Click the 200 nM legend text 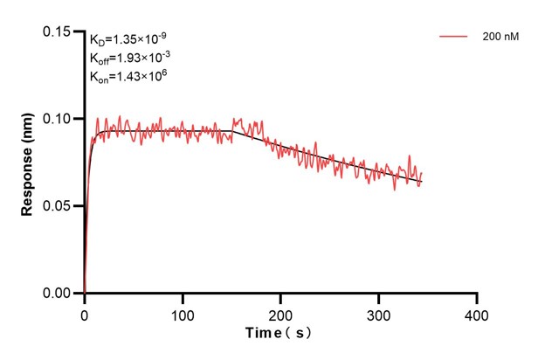coord(499,38)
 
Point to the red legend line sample coord(455,38)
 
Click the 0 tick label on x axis coord(85,313)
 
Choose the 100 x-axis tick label coord(183,313)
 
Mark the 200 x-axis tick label coord(280,313)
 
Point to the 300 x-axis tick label coord(378,313)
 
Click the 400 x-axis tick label coord(477,313)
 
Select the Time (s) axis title coord(279,334)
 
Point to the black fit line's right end coord(420,182)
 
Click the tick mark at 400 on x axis coord(477,298)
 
